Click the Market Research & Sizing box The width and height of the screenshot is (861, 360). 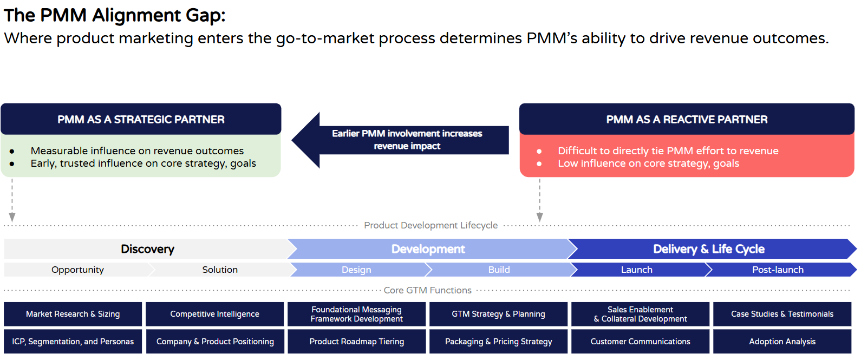point(73,314)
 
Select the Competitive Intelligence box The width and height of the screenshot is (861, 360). point(214,314)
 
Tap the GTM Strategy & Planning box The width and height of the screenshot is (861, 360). point(498,314)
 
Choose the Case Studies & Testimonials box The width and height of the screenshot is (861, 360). point(782,314)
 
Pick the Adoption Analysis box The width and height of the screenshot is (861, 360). point(782,342)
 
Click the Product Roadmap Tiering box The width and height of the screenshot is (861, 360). point(356,342)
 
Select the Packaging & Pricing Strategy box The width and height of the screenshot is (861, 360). point(498,342)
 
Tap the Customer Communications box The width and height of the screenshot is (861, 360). point(640,342)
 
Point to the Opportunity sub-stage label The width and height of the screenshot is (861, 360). point(77,270)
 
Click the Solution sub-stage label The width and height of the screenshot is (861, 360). point(220,270)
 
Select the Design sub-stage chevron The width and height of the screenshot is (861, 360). point(356,270)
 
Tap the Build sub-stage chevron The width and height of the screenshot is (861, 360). point(499,270)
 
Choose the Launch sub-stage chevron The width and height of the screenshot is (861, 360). point(637,270)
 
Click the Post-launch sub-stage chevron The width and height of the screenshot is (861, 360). point(778,270)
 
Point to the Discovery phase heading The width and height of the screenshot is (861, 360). point(147,249)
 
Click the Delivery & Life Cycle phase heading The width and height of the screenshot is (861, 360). point(708,249)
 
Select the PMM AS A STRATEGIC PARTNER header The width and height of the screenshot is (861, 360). point(141,119)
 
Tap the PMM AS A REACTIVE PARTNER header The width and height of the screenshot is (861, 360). point(687,119)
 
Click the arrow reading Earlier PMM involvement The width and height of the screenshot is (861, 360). point(406,140)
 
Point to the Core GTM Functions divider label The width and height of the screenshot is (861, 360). point(427,290)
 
